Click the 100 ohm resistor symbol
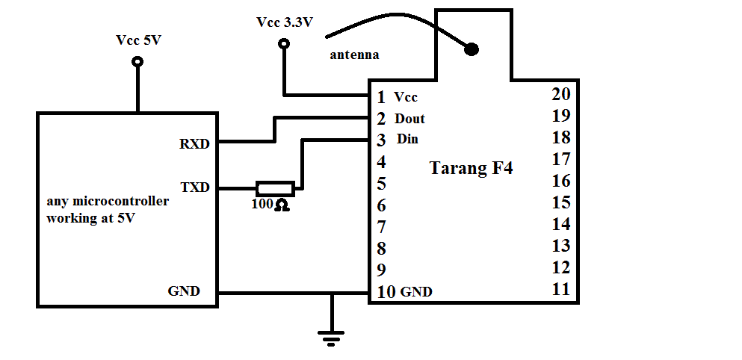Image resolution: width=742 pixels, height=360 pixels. [275, 189]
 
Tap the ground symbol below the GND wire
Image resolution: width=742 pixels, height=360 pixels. [331, 338]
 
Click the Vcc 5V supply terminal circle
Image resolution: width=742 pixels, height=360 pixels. [137, 61]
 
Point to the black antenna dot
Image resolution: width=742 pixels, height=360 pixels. [472, 49]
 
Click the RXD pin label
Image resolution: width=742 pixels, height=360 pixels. [194, 144]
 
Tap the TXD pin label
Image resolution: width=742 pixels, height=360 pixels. [195, 187]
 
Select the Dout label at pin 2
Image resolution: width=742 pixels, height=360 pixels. [409, 118]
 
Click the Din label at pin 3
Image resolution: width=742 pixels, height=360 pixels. [407, 139]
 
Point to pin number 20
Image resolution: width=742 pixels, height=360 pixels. [561, 94]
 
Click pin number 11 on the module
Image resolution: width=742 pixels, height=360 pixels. [561, 288]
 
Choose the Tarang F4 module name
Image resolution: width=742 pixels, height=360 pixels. [472, 168]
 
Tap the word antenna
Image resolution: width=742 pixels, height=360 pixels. [354, 55]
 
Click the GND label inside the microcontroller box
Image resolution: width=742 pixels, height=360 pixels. [184, 291]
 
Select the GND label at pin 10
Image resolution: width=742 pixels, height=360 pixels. [416, 292]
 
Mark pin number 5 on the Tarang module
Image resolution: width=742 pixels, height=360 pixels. [381, 184]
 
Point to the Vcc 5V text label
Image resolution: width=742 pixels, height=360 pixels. [139, 40]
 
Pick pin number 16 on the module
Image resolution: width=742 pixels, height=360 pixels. [561, 181]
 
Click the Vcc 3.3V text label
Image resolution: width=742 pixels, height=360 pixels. [285, 22]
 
